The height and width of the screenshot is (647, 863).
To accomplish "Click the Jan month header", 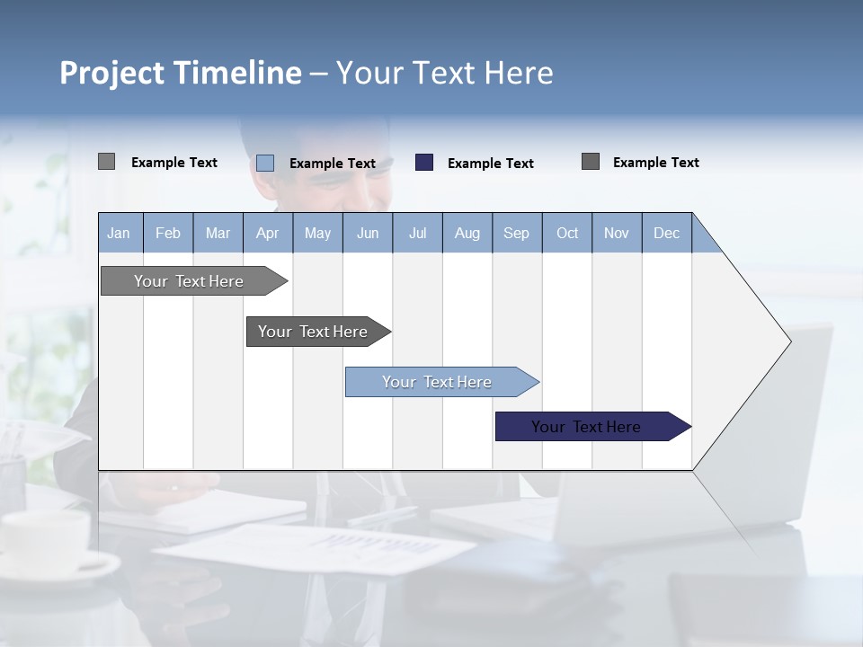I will click(x=119, y=233).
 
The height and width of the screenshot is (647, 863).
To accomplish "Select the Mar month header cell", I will click(x=218, y=233).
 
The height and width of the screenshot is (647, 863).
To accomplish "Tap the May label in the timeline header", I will click(x=317, y=233).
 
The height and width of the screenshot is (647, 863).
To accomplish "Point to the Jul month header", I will click(x=417, y=233).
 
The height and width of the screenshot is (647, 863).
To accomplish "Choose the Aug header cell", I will click(x=467, y=233).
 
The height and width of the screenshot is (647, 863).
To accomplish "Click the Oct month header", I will click(x=567, y=233).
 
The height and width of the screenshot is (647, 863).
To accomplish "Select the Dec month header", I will click(x=666, y=233).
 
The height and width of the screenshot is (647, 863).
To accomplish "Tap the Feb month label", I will click(x=168, y=233).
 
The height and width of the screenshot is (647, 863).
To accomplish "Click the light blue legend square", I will click(x=265, y=163).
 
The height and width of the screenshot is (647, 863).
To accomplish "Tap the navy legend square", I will click(x=424, y=162).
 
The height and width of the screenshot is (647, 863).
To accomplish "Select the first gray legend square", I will click(x=106, y=162).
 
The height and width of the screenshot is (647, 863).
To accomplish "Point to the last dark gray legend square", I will click(x=591, y=162).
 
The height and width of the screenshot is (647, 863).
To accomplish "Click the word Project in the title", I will click(x=113, y=73).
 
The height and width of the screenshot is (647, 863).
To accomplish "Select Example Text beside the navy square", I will click(x=490, y=164).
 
